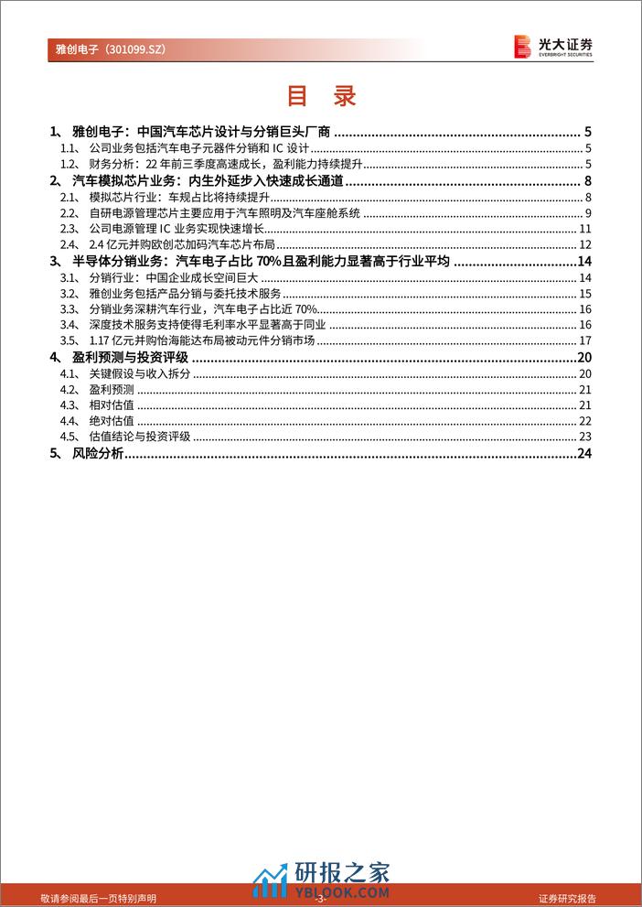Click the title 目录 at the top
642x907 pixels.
pos(320,95)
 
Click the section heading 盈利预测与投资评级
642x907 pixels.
pos(134,356)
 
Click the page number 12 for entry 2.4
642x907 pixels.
pos(586,244)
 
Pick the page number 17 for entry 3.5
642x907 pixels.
pos(586,340)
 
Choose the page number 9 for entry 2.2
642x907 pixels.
pos(589,212)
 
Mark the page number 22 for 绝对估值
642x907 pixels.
pos(586,420)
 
